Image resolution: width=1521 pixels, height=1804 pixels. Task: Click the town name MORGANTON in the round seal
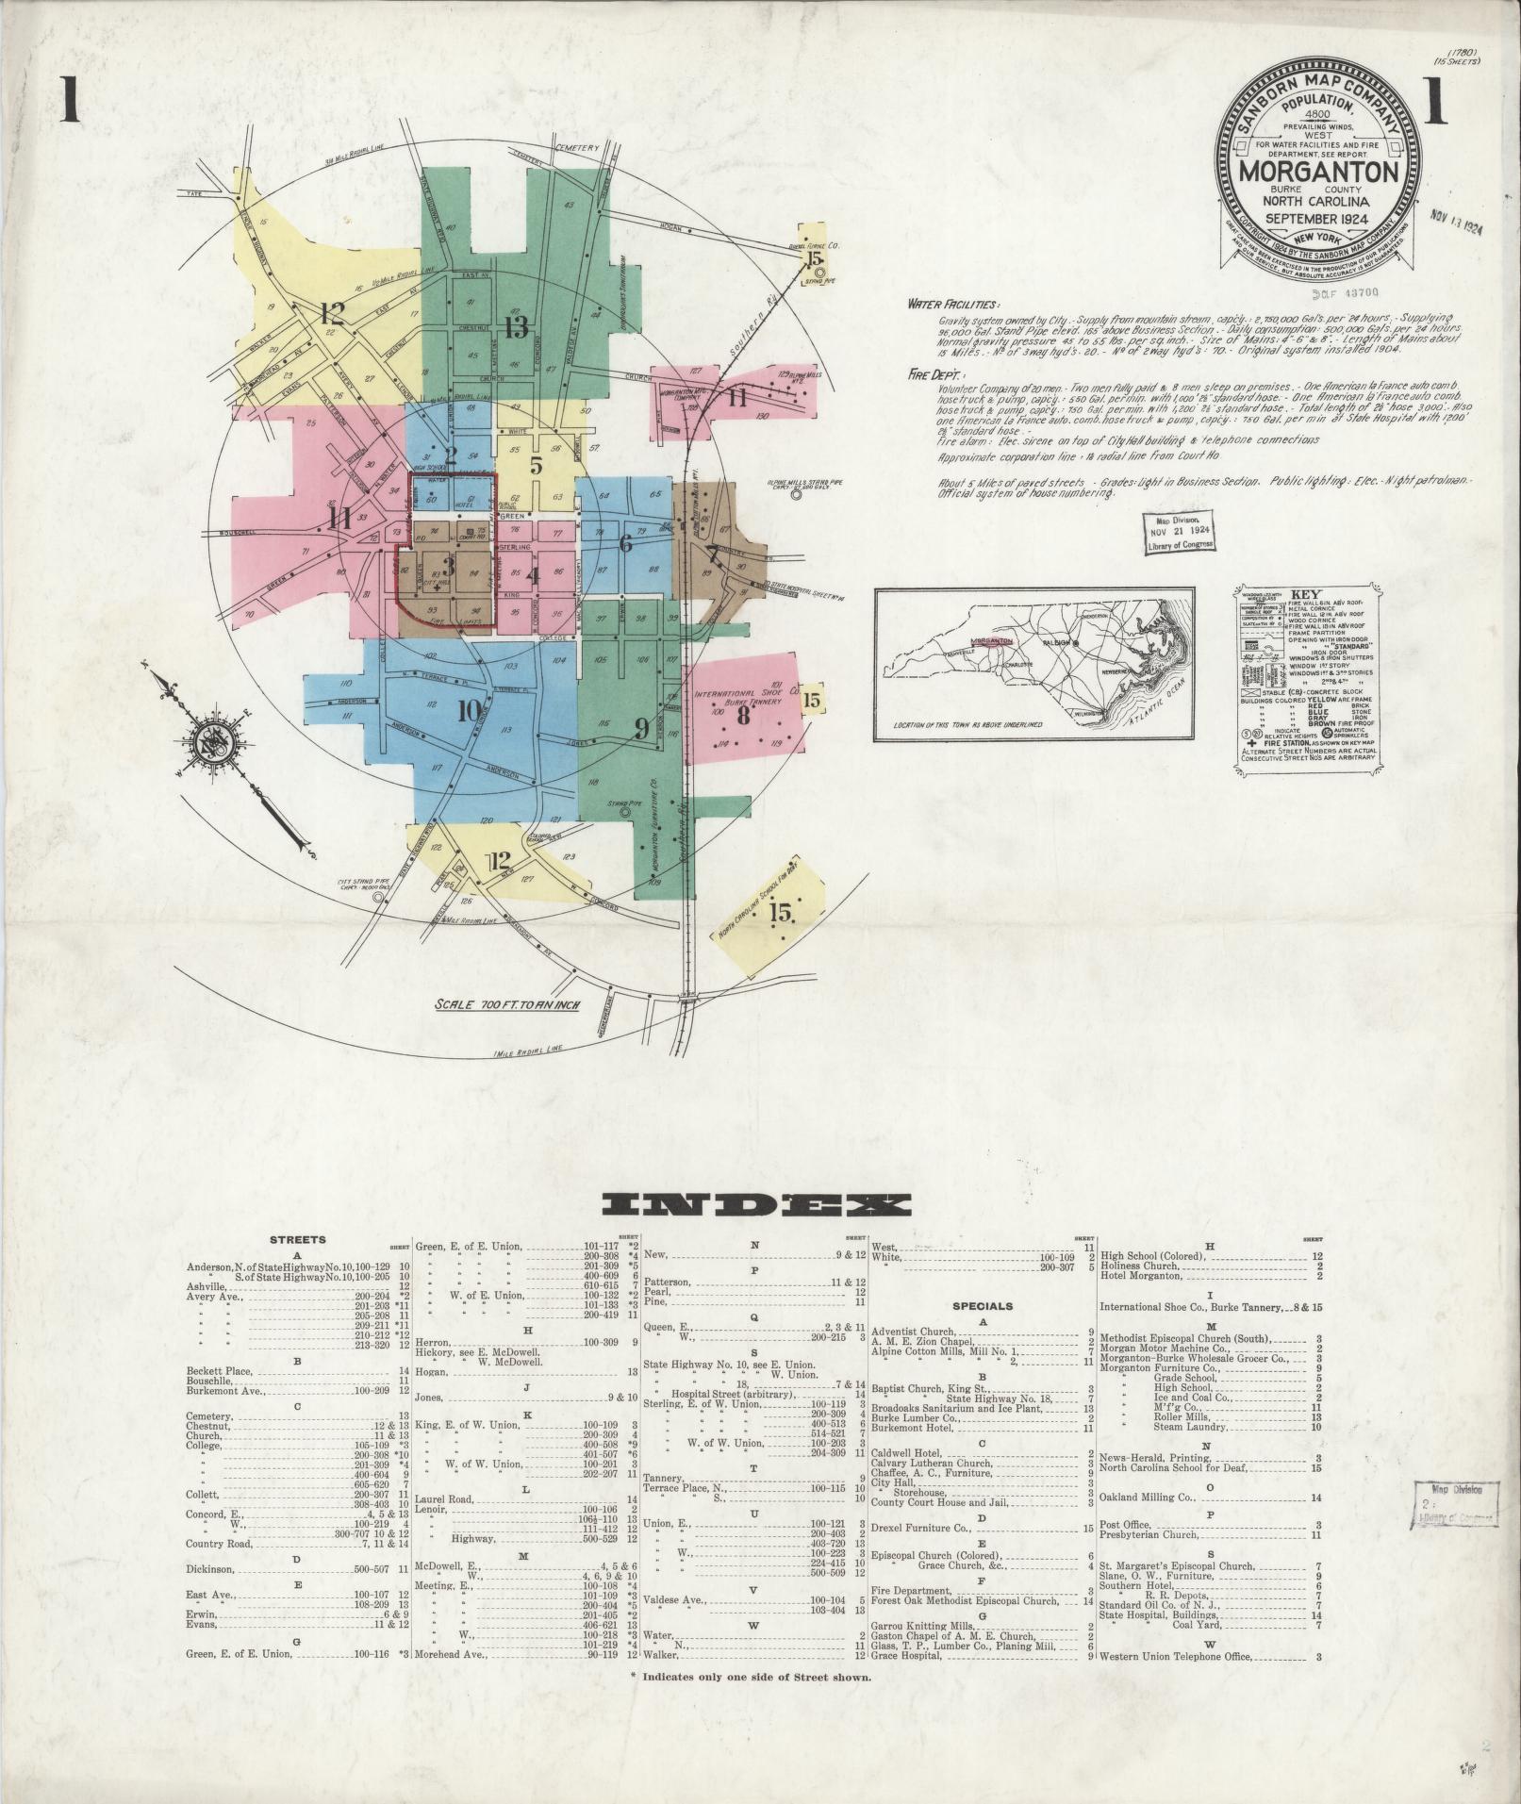(x=1317, y=174)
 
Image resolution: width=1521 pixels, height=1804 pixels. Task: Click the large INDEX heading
(x=757, y=1204)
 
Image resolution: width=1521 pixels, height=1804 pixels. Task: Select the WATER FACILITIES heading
(x=952, y=305)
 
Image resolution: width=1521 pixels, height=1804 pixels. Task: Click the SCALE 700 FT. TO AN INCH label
(x=505, y=1004)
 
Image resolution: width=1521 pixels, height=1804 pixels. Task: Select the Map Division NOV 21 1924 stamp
(x=1178, y=532)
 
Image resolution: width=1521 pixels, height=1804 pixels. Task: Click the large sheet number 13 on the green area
(x=516, y=328)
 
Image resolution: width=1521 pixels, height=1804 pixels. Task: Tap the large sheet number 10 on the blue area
(x=470, y=712)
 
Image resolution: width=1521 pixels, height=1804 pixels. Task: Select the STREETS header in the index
(x=297, y=1240)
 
